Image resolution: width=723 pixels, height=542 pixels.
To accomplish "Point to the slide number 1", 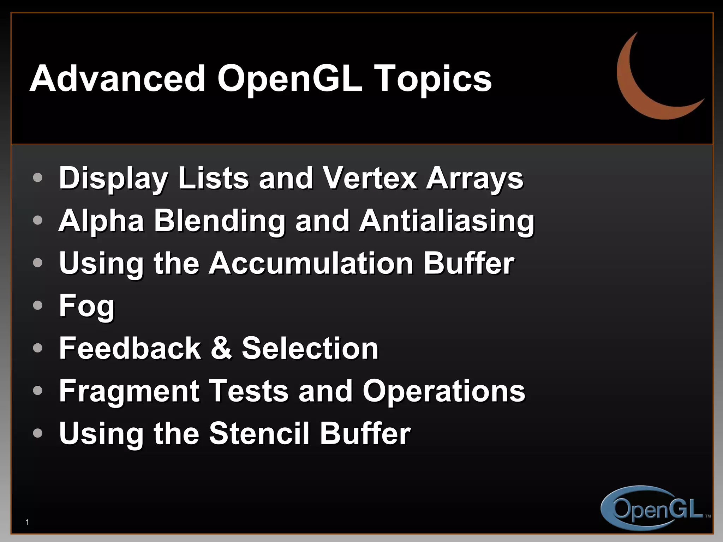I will (x=28, y=522).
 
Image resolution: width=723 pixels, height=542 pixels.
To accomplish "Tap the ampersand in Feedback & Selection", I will (x=221, y=348).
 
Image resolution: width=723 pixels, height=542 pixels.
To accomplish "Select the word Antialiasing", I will (x=447, y=222).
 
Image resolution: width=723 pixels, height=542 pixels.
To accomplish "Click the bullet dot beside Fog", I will (x=37, y=305).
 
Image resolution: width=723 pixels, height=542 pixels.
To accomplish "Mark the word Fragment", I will (x=129, y=391).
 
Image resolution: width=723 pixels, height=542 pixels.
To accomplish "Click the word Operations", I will (x=444, y=391).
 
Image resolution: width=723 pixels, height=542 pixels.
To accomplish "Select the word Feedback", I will (x=130, y=348).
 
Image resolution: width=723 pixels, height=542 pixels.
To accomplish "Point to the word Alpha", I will (x=101, y=222).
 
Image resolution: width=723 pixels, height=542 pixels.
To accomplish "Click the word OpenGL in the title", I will (x=289, y=79).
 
